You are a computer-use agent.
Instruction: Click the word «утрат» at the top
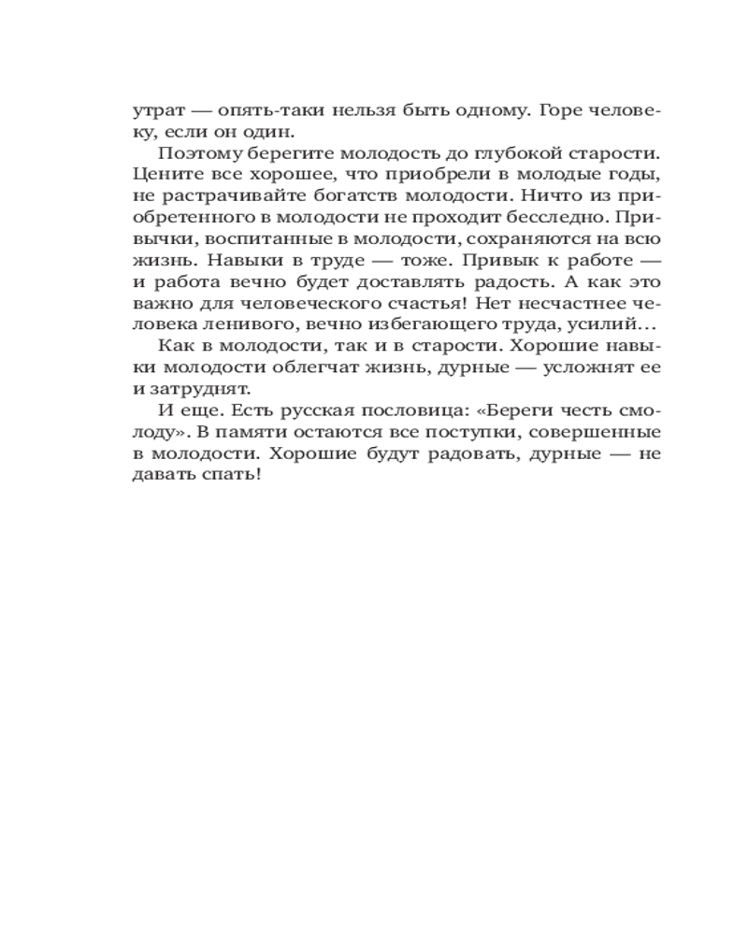[155, 110]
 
